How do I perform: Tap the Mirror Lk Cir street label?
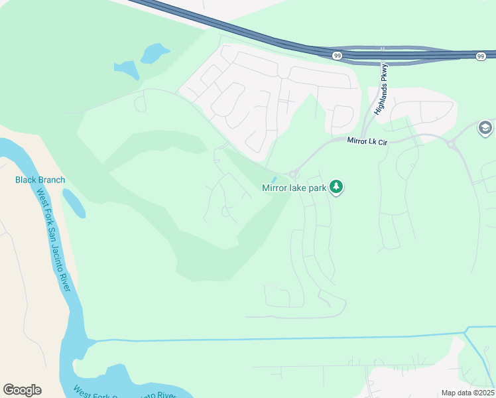pos(366,140)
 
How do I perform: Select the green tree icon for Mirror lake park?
pos(337,188)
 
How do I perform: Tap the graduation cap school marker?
pos(485,128)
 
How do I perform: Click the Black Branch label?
pos(40,180)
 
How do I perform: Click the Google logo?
pos(22,390)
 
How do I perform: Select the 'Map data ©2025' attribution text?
pos(467,393)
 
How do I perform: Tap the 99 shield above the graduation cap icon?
pos(479,57)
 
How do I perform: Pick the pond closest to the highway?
pos(155,52)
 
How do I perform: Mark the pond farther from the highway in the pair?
pos(126,69)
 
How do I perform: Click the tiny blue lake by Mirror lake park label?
pos(274,179)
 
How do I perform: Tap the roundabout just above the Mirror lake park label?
pos(292,174)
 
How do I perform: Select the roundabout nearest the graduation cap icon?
pos(451,144)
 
